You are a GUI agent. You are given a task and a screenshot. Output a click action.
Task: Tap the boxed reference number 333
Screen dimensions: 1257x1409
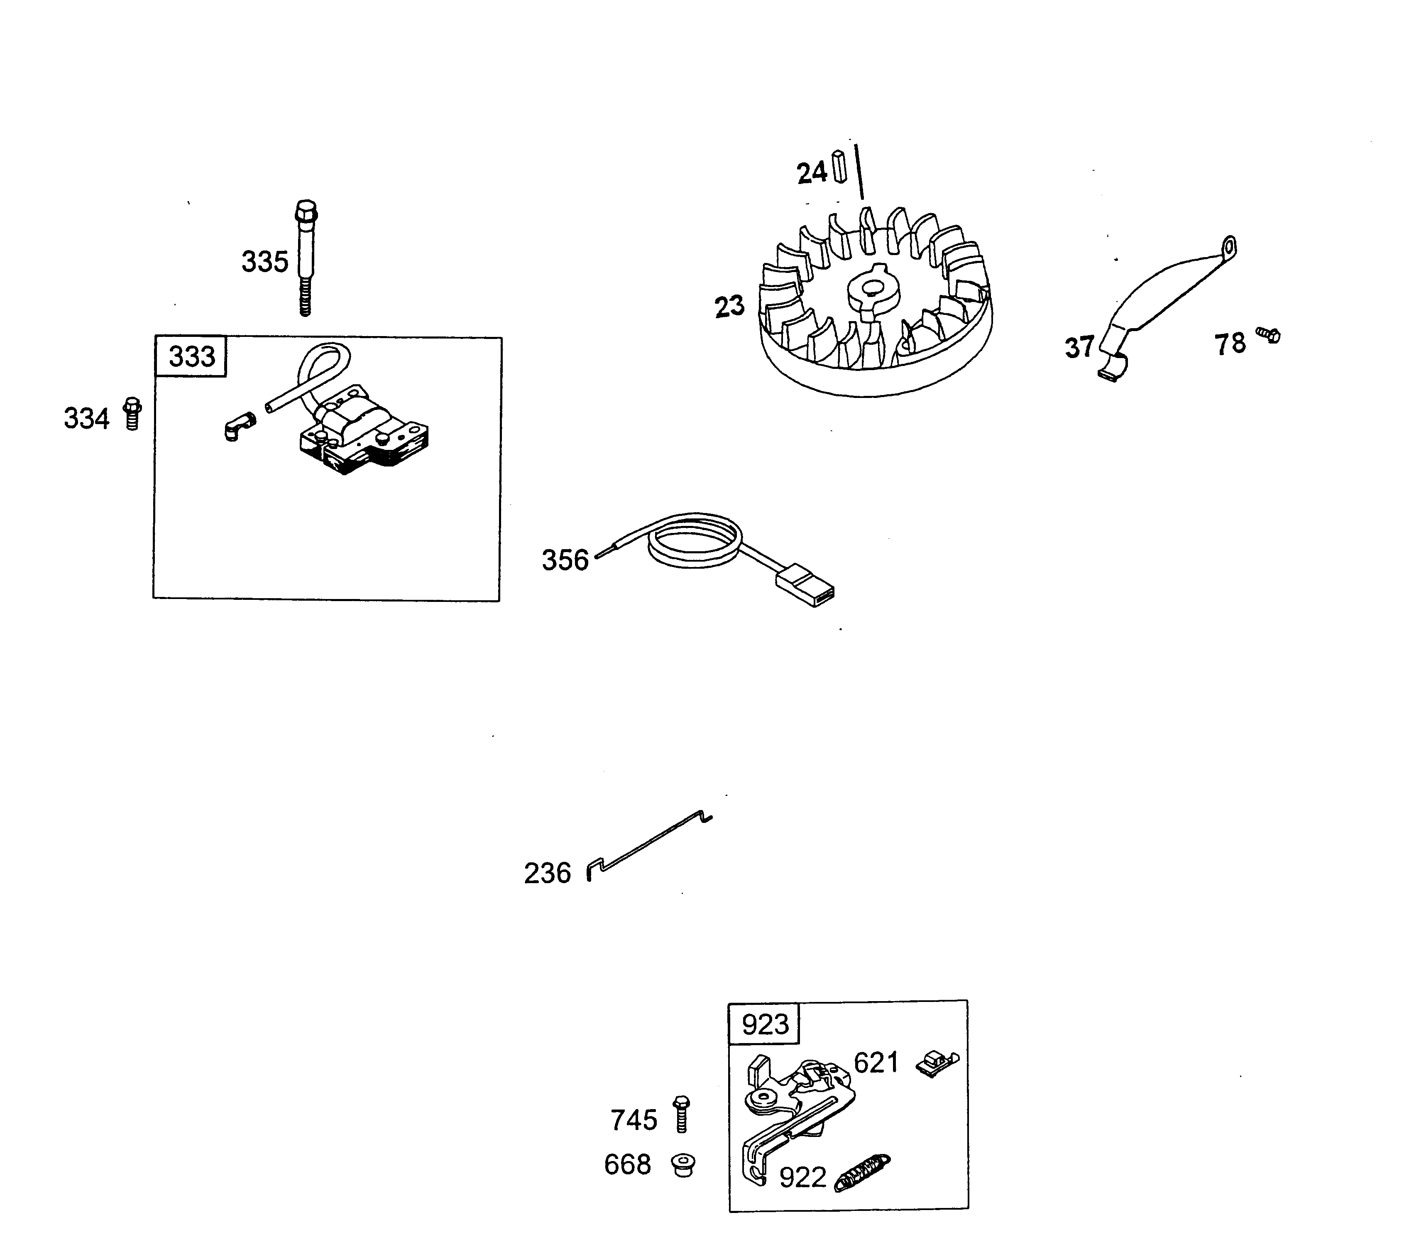192,356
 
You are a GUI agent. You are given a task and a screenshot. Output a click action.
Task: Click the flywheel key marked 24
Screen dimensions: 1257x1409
839,167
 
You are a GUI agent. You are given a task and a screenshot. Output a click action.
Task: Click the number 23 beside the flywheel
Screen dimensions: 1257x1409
730,306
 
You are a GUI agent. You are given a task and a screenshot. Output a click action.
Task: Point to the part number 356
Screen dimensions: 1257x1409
565,560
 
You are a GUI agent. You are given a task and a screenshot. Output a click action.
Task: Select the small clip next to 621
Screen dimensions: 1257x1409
937,1063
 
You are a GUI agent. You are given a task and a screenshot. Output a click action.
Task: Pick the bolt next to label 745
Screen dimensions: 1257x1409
681,1113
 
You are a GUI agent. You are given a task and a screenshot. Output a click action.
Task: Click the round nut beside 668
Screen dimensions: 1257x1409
683,1165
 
